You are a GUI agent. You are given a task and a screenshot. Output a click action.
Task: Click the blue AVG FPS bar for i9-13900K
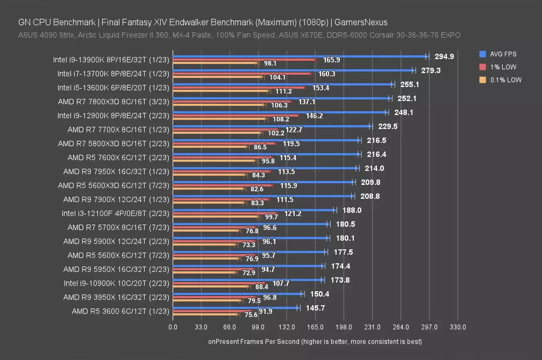point(300,56)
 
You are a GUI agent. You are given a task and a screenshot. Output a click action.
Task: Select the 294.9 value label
point(444,56)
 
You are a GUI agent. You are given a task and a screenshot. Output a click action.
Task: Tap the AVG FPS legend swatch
point(483,54)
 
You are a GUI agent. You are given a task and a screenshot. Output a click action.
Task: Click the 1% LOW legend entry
point(503,67)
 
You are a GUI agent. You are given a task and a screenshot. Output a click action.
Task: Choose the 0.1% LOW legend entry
point(506,80)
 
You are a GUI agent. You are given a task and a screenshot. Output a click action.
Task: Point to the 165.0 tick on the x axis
point(315,327)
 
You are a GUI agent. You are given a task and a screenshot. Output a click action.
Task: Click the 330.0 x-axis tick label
point(458,327)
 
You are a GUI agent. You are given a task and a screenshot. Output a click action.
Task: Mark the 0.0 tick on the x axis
point(173,327)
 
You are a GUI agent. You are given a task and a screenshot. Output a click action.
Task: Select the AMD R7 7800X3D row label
point(114,102)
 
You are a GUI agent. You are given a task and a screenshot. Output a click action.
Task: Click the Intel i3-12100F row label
point(115,213)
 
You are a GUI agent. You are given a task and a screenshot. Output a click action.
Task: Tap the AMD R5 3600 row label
point(120,311)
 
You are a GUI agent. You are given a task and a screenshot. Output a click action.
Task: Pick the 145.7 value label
point(315,308)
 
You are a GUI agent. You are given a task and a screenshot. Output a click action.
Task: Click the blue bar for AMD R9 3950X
point(238,294)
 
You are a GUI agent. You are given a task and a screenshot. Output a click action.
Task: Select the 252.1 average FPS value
point(407,98)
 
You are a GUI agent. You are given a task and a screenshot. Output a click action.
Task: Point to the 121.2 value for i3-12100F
point(293,214)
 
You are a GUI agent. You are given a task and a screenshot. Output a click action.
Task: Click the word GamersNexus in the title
point(361,22)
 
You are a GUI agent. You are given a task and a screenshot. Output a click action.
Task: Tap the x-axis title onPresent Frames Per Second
point(315,342)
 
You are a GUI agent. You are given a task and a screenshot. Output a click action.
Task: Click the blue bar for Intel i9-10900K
point(248,280)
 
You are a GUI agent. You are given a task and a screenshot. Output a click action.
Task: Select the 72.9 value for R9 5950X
point(249,273)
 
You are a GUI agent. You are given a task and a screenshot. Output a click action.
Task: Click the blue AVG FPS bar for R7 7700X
point(272,126)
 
